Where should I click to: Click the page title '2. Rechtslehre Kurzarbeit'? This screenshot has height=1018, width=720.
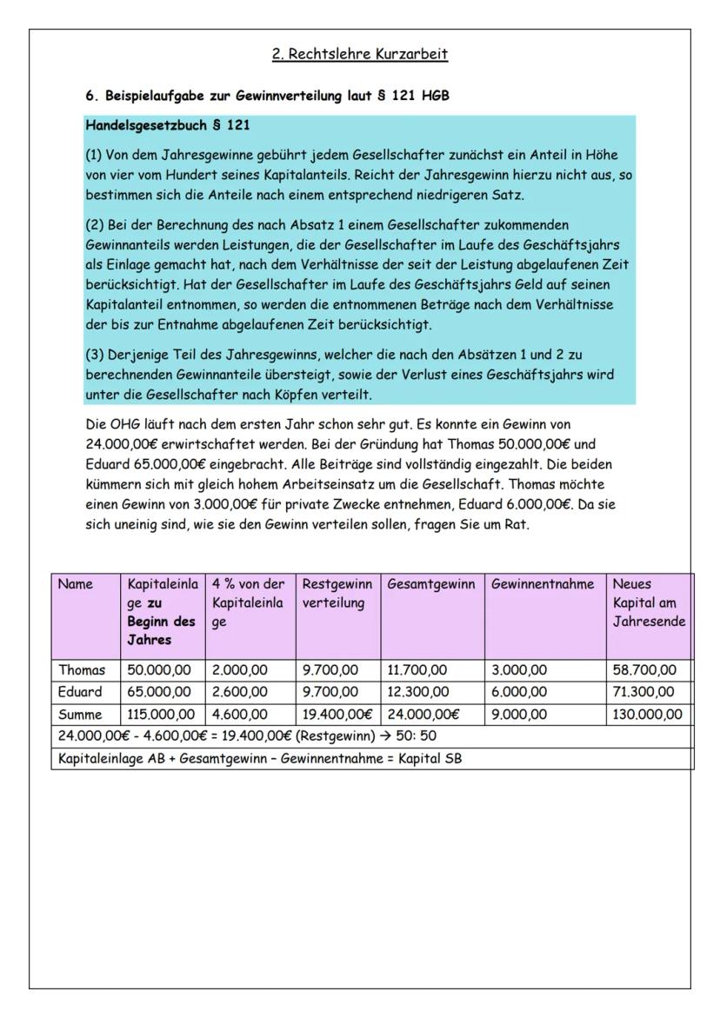360,55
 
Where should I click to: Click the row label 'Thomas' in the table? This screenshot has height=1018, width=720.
81,670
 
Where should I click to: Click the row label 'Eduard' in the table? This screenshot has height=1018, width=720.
80,692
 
